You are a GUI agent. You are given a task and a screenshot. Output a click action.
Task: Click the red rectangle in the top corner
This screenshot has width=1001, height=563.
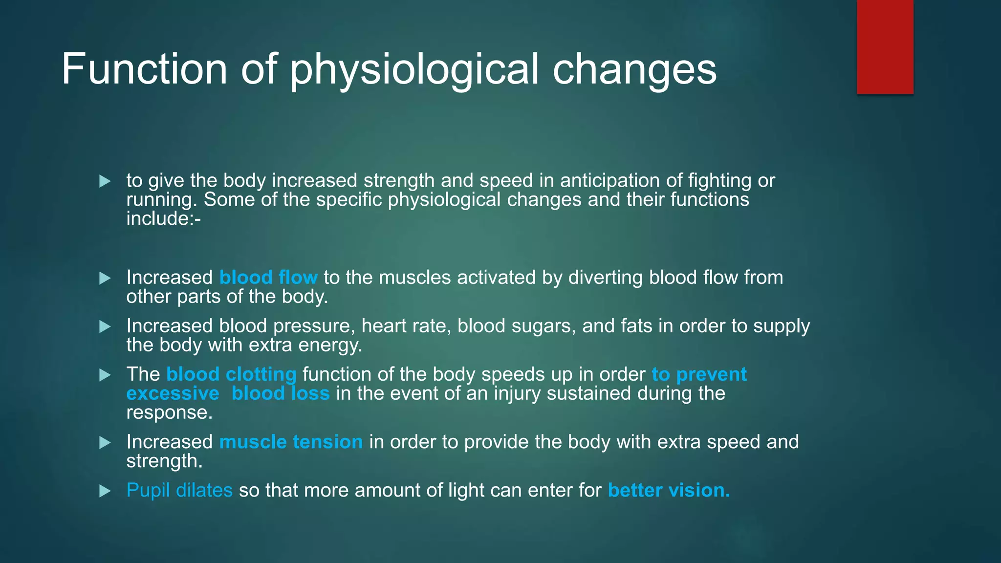tap(885, 46)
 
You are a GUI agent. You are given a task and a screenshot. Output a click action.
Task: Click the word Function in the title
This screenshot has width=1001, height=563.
tap(144, 69)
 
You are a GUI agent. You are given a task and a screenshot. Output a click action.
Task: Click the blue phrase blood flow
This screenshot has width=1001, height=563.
tap(268, 278)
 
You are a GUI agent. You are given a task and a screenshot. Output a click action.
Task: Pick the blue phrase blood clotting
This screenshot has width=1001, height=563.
tap(231, 374)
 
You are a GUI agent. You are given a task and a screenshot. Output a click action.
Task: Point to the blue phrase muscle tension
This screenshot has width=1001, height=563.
tap(291, 442)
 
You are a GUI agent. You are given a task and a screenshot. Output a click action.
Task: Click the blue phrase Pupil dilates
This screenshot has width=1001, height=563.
tap(179, 490)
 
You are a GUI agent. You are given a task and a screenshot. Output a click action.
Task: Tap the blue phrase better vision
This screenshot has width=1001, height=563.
tap(669, 490)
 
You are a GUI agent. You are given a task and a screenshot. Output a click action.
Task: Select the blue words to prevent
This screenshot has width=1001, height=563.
tap(699, 374)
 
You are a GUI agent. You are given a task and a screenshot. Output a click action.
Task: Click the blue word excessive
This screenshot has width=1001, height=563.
tap(173, 393)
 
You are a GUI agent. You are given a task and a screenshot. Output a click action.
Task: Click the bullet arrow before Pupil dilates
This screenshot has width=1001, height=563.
tap(105, 491)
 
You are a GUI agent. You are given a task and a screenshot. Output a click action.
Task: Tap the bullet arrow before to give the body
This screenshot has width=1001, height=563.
tap(105, 181)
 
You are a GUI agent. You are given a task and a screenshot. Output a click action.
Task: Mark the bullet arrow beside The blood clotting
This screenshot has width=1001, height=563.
tap(105, 375)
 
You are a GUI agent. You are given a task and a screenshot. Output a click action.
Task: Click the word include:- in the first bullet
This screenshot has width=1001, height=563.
tap(163, 218)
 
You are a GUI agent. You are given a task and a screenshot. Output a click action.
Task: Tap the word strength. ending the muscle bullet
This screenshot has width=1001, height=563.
tap(164, 461)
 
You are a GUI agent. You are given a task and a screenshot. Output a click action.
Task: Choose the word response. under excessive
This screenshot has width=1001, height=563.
tap(170, 412)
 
